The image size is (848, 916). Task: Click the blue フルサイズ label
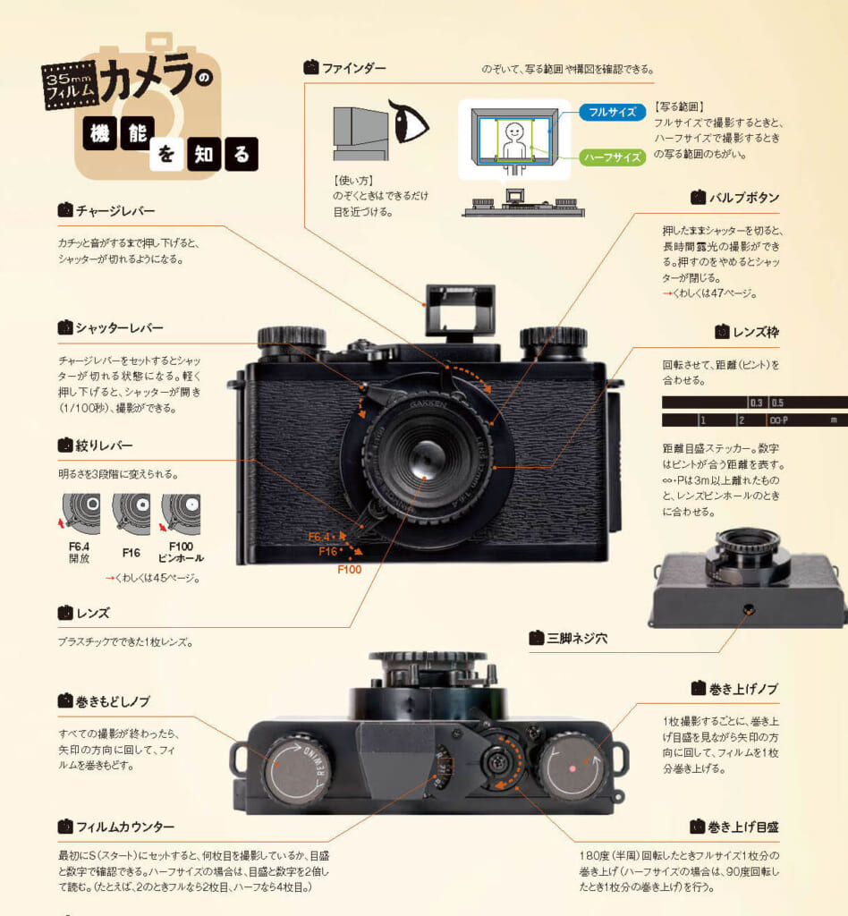[612, 112]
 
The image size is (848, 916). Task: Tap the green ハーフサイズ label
[612, 157]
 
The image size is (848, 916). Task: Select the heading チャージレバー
[114, 211]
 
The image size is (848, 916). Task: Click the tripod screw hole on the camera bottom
[749, 609]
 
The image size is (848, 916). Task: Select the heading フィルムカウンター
[125, 827]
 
